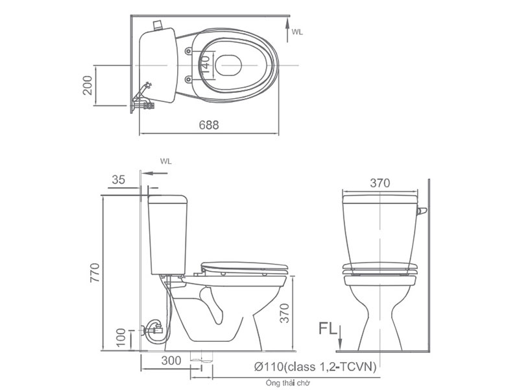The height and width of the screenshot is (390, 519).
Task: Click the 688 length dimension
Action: tap(209, 125)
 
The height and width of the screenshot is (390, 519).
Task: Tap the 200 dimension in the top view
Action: tap(88, 85)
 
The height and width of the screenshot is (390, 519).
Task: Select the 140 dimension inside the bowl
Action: tap(205, 64)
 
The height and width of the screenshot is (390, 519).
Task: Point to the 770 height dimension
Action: tap(95, 272)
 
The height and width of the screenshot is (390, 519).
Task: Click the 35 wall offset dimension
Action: tap(118, 179)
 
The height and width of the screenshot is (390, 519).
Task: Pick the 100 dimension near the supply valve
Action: tap(121, 337)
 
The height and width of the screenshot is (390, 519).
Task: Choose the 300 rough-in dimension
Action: tap(171, 361)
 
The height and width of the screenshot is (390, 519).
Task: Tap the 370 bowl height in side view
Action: tap(285, 313)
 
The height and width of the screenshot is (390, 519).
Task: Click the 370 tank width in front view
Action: tap(380, 183)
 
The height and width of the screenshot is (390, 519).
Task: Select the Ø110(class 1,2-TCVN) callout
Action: tap(315, 367)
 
